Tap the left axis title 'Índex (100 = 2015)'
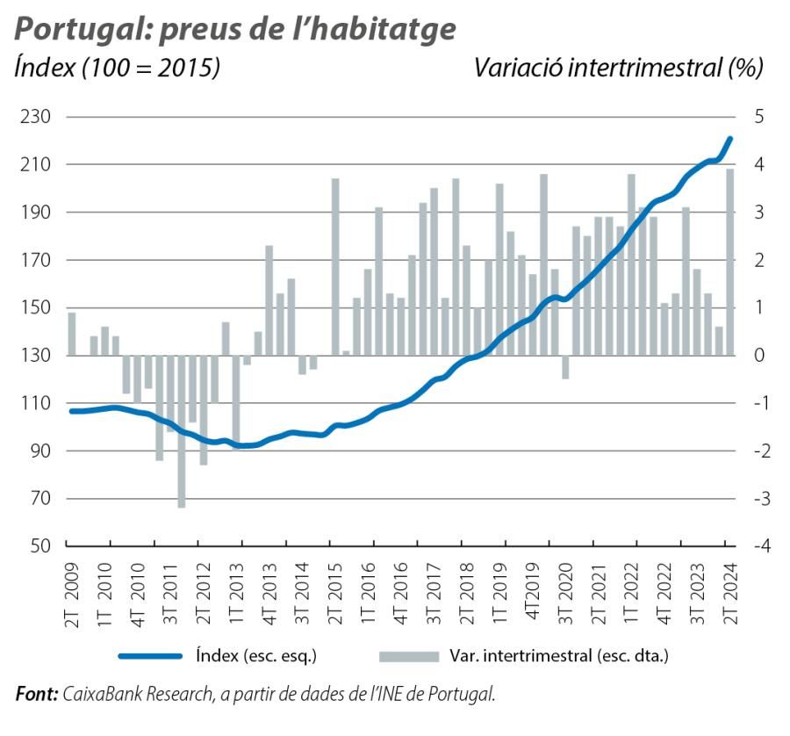click(117, 68)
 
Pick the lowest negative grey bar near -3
click(182, 431)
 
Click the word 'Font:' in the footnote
click(37, 694)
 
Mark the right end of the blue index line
click(730, 139)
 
